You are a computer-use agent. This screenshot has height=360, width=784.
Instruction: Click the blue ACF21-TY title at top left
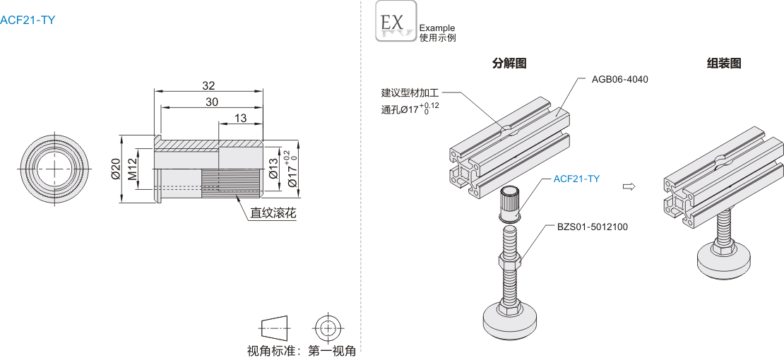tap(28, 20)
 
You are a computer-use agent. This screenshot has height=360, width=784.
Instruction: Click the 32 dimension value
tap(208, 85)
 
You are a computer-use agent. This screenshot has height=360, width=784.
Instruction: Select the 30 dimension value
tap(212, 102)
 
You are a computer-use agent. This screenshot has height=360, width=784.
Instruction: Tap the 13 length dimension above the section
tap(240, 118)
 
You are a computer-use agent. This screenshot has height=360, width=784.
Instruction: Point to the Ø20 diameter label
tap(115, 169)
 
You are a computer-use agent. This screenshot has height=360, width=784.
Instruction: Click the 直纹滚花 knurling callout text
tap(273, 212)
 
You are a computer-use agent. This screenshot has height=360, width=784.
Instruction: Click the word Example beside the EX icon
tap(437, 28)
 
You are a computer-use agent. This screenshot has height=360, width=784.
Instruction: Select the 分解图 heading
tap(509, 64)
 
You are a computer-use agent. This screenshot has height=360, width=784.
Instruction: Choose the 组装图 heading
tap(724, 64)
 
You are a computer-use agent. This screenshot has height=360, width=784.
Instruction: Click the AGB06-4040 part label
tap(619, 79)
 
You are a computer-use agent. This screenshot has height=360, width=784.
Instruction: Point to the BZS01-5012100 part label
tap(592, 227)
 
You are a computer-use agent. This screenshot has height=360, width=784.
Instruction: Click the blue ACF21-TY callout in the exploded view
tap(576, 179)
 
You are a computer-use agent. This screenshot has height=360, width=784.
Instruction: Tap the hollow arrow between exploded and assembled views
tap(627, 186)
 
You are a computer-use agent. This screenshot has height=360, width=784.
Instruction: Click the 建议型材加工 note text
tap(410, 92)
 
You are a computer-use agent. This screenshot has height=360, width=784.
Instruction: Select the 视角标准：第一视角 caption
tap(301, 350)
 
